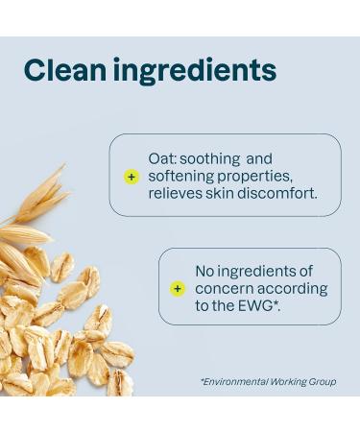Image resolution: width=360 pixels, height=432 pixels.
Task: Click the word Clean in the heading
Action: [64, 70]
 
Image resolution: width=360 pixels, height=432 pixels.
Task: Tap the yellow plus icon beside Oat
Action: [132, 177]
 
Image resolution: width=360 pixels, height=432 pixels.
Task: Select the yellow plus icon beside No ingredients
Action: [178, 289]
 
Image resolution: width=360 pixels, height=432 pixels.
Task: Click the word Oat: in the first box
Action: [163, 159]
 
